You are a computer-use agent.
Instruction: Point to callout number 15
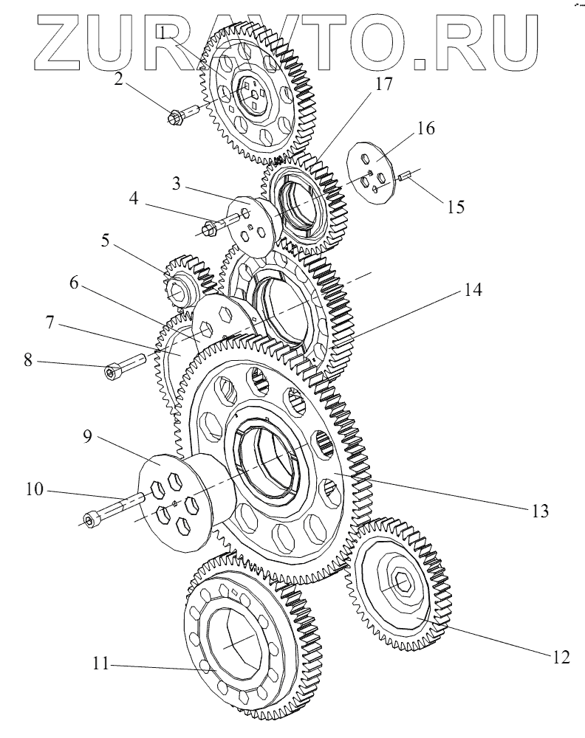coord(456,207)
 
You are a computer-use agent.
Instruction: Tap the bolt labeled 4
coord(222,224)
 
